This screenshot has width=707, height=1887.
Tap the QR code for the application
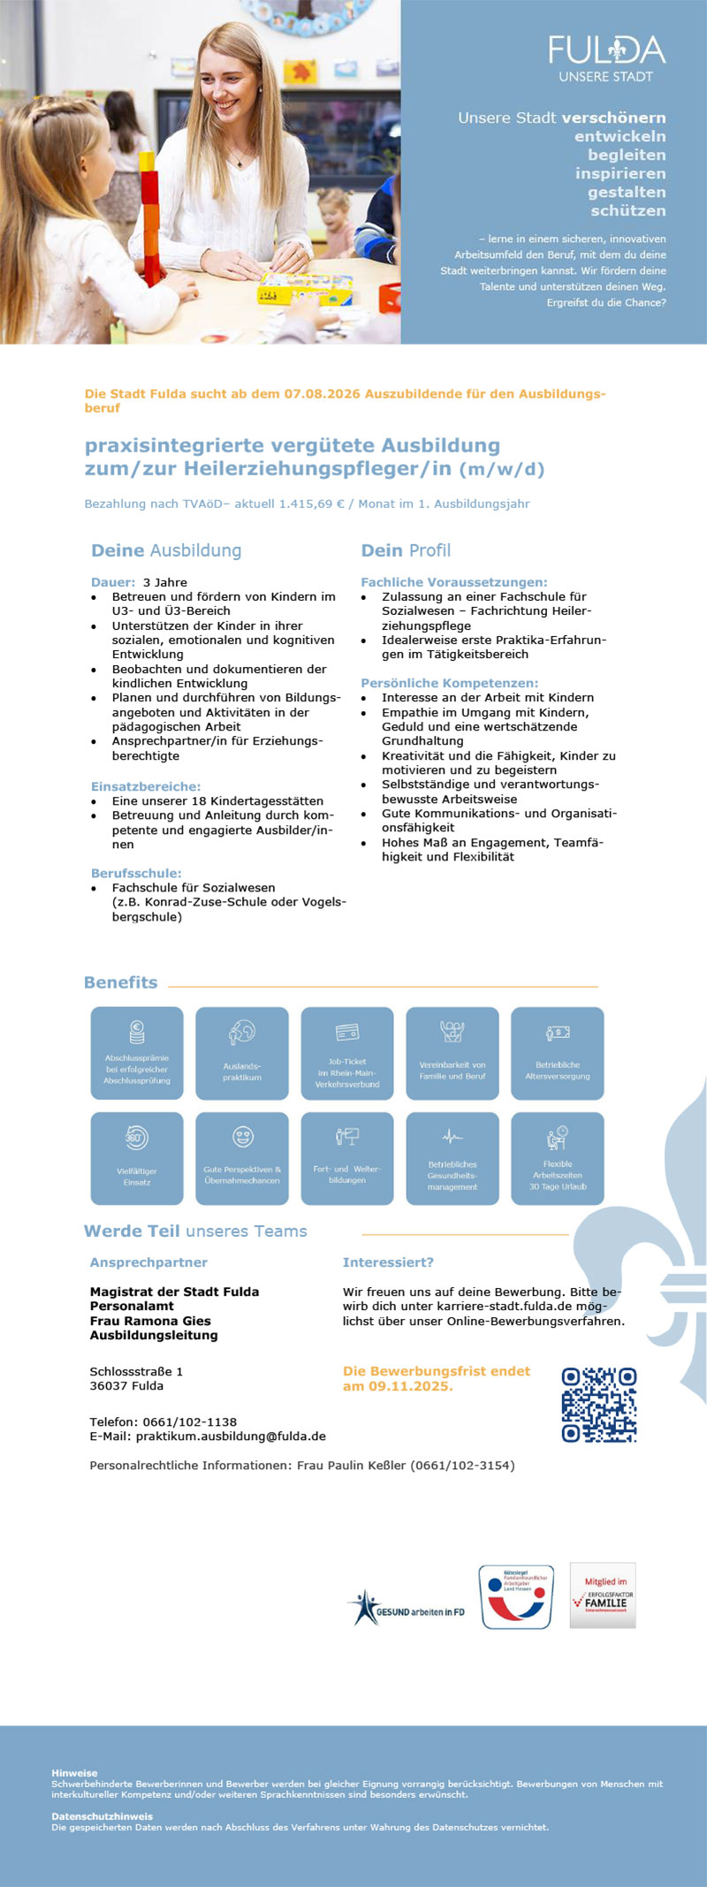click(599, 1405)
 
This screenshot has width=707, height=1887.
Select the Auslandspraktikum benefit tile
click(242, 1053)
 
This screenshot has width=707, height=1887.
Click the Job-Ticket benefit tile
click(347, 1053)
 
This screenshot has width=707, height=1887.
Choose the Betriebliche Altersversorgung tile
click(558, 1053)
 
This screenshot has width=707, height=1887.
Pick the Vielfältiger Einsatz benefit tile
click(137, 1158)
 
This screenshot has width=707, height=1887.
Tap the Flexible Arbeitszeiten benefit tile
click(558, 1158)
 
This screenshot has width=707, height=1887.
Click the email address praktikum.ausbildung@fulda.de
click(231, 1436)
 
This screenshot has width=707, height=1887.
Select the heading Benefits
click(121, 982)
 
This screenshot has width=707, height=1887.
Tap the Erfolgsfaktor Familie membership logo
click(603, 1595)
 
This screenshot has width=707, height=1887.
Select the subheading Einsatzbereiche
click(146, 786)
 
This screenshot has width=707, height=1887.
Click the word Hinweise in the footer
click(74, 1773)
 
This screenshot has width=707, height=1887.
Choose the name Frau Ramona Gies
click(150, 1321)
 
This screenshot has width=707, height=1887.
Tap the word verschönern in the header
click(613, 117)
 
